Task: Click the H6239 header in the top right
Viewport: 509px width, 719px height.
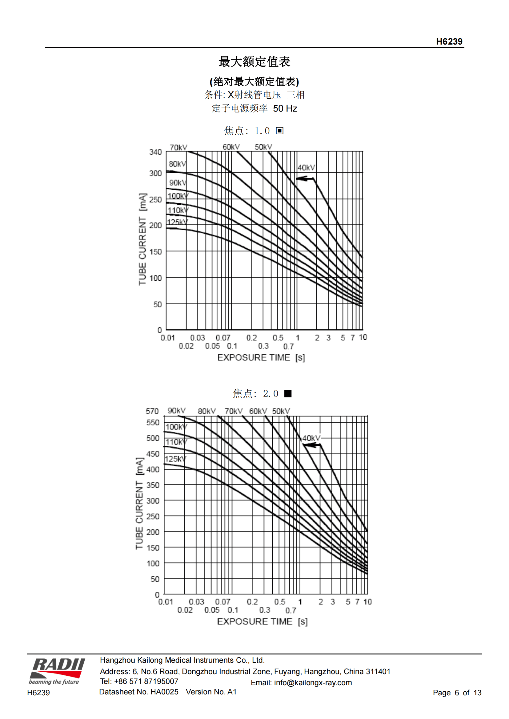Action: tap(449, 41)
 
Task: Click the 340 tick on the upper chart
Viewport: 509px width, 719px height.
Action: tap(155, 152)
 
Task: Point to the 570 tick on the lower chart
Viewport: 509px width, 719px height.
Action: tap(152, 411)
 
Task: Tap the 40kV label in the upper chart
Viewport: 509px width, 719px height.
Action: tap(306, 168)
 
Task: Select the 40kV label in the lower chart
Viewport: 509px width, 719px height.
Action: tap(311, 438)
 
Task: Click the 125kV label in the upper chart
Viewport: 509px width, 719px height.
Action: tap(177, 222)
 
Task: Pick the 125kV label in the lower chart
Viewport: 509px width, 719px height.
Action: tap(175, 459)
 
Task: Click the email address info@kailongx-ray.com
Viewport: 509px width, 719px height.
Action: tap(312, 682)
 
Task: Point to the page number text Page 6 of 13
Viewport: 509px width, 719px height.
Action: tap(457, 692)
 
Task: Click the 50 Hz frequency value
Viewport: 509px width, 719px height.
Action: tap(285, 108)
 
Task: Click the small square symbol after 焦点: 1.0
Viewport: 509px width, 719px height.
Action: tap(279, 131)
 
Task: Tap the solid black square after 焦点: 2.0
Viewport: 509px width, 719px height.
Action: tap(288, 393)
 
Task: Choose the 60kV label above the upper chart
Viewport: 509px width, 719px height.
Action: tap(231, 147)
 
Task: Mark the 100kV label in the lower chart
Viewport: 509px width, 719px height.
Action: tap(176, 427)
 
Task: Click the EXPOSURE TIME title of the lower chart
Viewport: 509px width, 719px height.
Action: tap(254, 621)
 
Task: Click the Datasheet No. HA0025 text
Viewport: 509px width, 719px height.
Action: tap(138, 692)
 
